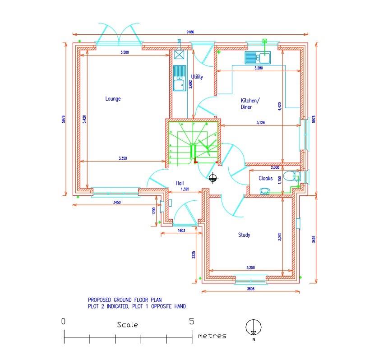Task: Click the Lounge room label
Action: pos(113,99)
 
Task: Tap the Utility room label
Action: pos(197,77)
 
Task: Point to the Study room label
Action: pos(244,235)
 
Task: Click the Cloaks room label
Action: pos(265,179)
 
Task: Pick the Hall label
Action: pos(180,183)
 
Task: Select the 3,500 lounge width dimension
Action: pos(125,53)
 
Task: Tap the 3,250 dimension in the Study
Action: pos(251,268)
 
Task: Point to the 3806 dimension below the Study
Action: pos(251,289)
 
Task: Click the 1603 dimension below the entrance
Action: pos(181,231)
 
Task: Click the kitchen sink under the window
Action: pos(257,57)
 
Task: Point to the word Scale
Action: pos(127,324)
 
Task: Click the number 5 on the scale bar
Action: pos(192,321)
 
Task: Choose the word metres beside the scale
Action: pos(212,336)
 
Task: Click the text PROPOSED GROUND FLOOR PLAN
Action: pos(125,299)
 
